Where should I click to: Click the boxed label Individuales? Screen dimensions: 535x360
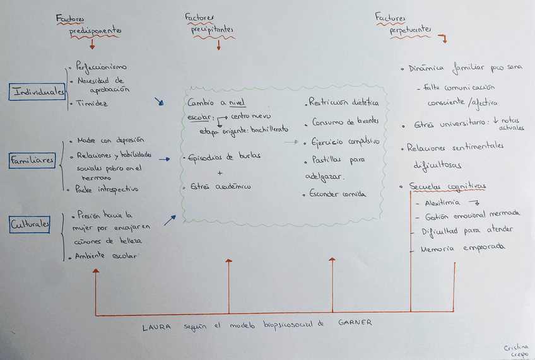38,92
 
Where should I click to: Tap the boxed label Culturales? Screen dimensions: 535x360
30,224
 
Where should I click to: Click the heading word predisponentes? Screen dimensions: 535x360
95,32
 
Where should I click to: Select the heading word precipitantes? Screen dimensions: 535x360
213,30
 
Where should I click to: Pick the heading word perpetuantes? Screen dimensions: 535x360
410,30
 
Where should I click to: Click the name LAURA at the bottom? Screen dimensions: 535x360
156,327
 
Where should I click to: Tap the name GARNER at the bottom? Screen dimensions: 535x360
355,322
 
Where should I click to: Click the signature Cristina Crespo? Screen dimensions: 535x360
515,351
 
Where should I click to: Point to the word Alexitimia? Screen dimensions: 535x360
442,203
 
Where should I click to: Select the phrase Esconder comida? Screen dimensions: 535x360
338,194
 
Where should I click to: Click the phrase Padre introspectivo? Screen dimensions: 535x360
107,189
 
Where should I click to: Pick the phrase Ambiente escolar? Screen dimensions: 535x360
105,256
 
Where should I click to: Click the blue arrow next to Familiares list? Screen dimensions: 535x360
164,160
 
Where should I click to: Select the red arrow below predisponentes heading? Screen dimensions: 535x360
93,45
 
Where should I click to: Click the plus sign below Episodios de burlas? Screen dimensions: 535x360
219,172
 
